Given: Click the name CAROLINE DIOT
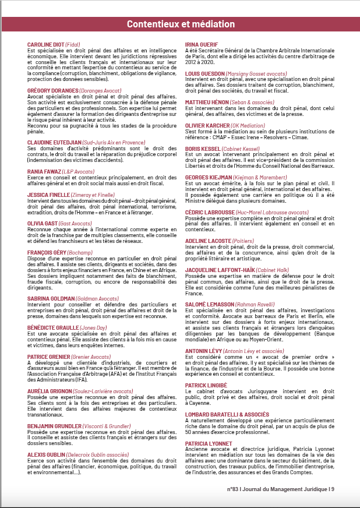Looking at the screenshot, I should point(45,45).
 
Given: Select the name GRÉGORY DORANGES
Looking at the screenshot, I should point(52,91).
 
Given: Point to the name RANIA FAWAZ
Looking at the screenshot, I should point(43,171).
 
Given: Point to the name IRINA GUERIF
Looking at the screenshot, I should point(201,45).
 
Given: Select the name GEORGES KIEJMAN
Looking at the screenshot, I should point(207,177).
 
